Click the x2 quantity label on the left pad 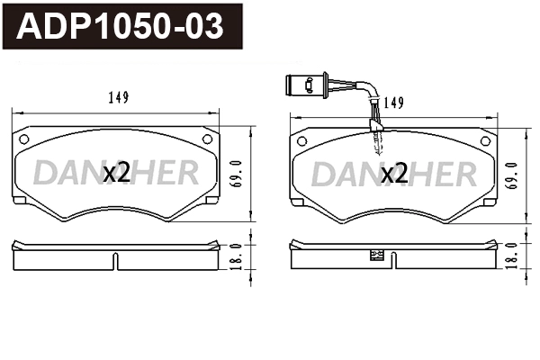pyautogui.click(x=116, y=174)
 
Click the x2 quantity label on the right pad pyautogui.click(x=394, y=174)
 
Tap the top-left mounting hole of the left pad pyautogui.click(x=24, y=139)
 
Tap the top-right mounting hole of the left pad pyautogui.click(x=207, y=139)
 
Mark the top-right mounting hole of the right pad pyautogui.click(x=484, y=139)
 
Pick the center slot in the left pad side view pyautogui.click(x=115, y=259)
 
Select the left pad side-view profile pyautogui.click(x=72, y=256)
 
